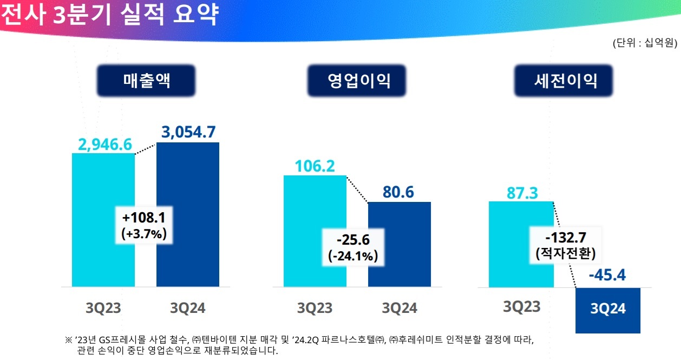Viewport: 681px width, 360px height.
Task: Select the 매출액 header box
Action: point(146,81)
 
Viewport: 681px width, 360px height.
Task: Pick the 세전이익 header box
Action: point(565,81)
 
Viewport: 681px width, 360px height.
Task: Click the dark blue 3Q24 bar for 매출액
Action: point(188,260)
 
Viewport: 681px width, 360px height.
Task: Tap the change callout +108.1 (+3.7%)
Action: point(144,226)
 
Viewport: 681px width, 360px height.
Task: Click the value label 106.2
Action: point(315,166)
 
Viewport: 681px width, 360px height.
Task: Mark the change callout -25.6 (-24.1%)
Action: point(353,247)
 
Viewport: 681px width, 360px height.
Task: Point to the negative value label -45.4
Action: point(607,276)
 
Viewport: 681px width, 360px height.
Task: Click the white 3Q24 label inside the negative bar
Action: point(608,309)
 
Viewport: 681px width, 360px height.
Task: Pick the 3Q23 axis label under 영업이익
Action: point(315,308)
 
